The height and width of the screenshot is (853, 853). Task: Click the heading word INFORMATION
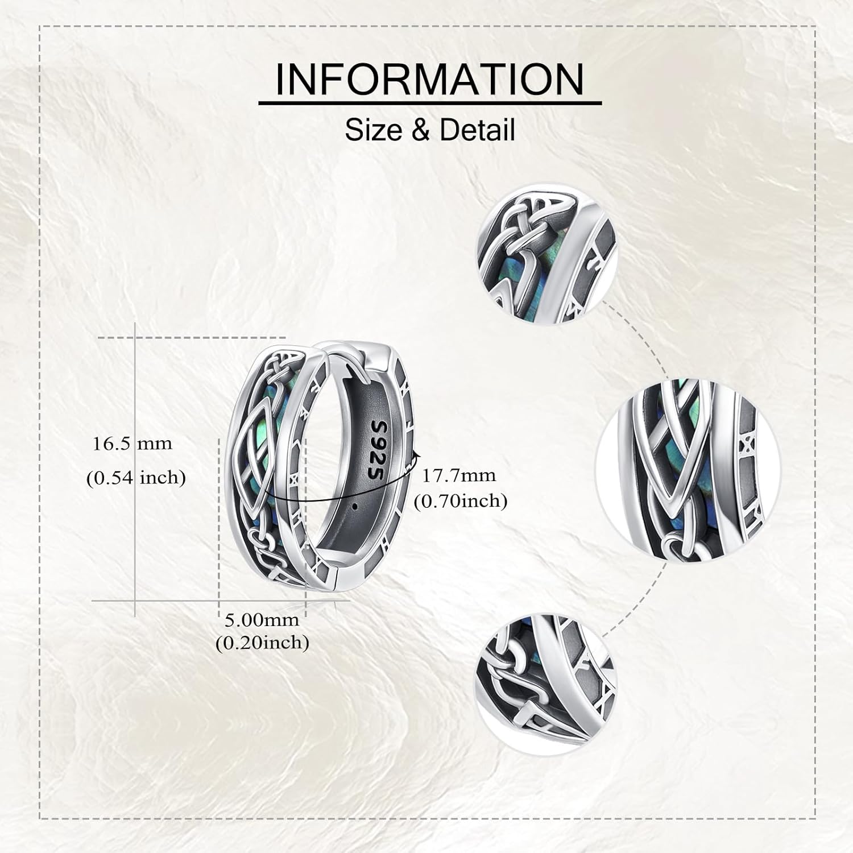pyautogui.click(x=430, y=79)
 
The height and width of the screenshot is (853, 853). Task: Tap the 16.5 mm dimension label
pyautogui.click(x=132, y=444)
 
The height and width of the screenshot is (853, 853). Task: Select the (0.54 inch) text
pyautogui.click(x=136, y=478)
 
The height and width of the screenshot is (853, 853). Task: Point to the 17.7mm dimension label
pyautogui.click(x=458, y=474)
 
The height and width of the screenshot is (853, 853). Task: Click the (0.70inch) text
pyautogui.click(x=461, y=501)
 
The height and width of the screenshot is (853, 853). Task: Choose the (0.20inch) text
pyautogui.click(x=263, y=643)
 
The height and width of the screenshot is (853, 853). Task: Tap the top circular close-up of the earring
pyautogui.click(x=539, y=258)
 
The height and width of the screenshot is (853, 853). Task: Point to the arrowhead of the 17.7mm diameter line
pyautogui.click(x=417, y=454)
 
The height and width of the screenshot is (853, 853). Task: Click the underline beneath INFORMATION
pyautogui.click(x=430, y=103)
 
